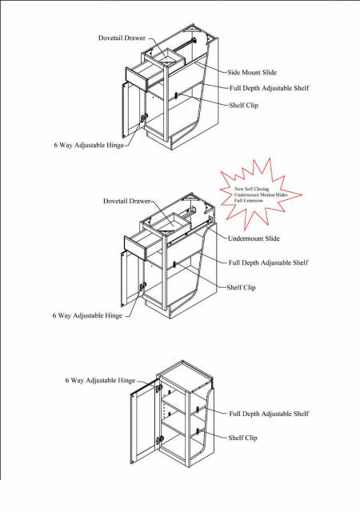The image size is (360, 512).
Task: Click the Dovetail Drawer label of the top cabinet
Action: (x=122, y=38)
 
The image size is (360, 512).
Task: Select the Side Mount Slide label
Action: (x=254, y=71)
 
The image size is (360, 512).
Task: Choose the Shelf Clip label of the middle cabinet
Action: (x=242, y=286)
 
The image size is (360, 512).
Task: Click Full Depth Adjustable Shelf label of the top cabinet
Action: (x=268, y=87)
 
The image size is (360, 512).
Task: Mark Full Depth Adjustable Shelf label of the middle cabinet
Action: (x=268, y=262)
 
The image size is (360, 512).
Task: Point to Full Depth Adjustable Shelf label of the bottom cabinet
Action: (x=269, y=414)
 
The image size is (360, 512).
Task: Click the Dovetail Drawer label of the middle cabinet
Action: (x=127, y=201)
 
